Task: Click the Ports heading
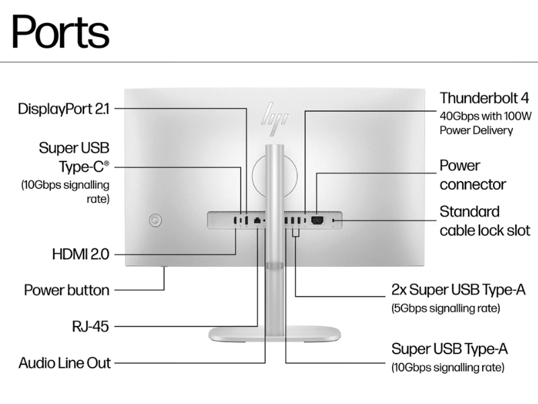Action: tap(61, 32)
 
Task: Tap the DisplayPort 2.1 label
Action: tap(63, 109)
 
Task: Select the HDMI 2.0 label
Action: tap(81, 255)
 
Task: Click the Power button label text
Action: tap(67, 290)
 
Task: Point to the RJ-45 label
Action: tap(90, 327)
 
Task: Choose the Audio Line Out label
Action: tap(65, 363)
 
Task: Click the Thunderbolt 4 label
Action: tap(484, 98)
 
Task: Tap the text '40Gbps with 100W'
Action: tap(486, 116)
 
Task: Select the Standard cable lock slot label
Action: tap(485, 222)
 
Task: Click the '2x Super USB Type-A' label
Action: tap(459, 290)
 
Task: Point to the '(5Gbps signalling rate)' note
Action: tap(446, 308)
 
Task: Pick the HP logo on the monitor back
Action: tap(274, 119)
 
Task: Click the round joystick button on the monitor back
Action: tap(155, 220)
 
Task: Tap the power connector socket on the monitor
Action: tap(317, 220)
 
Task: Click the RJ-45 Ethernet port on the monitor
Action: tap(257, 220)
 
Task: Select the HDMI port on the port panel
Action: tap(235, 220)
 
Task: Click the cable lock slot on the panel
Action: tap(333, 220)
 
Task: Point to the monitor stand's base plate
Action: tap(274, 333)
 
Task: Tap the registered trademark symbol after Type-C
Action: tap(107, 163)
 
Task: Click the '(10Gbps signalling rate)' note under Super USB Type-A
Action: tap(448, 368)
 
